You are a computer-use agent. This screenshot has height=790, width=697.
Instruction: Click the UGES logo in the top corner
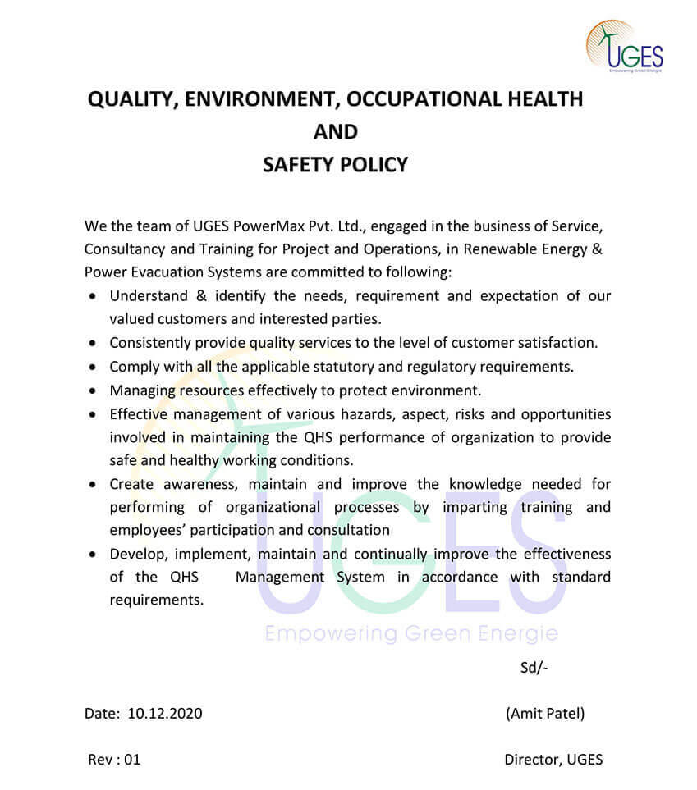tap(625, 47)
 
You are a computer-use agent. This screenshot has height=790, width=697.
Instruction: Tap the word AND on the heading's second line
tap(336, 131)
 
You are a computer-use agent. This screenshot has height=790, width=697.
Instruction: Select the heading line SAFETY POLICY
tap(335, 165)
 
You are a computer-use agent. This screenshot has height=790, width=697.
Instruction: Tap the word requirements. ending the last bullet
tap(156, 600)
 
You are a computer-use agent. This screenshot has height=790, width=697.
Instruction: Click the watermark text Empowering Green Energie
tap(411, 634)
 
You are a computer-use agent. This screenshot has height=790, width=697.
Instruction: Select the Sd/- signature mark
tap(534, 667)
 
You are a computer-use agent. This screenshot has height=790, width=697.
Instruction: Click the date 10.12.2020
tap(165, 713)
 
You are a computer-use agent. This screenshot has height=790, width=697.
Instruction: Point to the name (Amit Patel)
tap(545, 713)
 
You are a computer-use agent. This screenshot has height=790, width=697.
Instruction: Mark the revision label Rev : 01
tap(114, 759)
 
